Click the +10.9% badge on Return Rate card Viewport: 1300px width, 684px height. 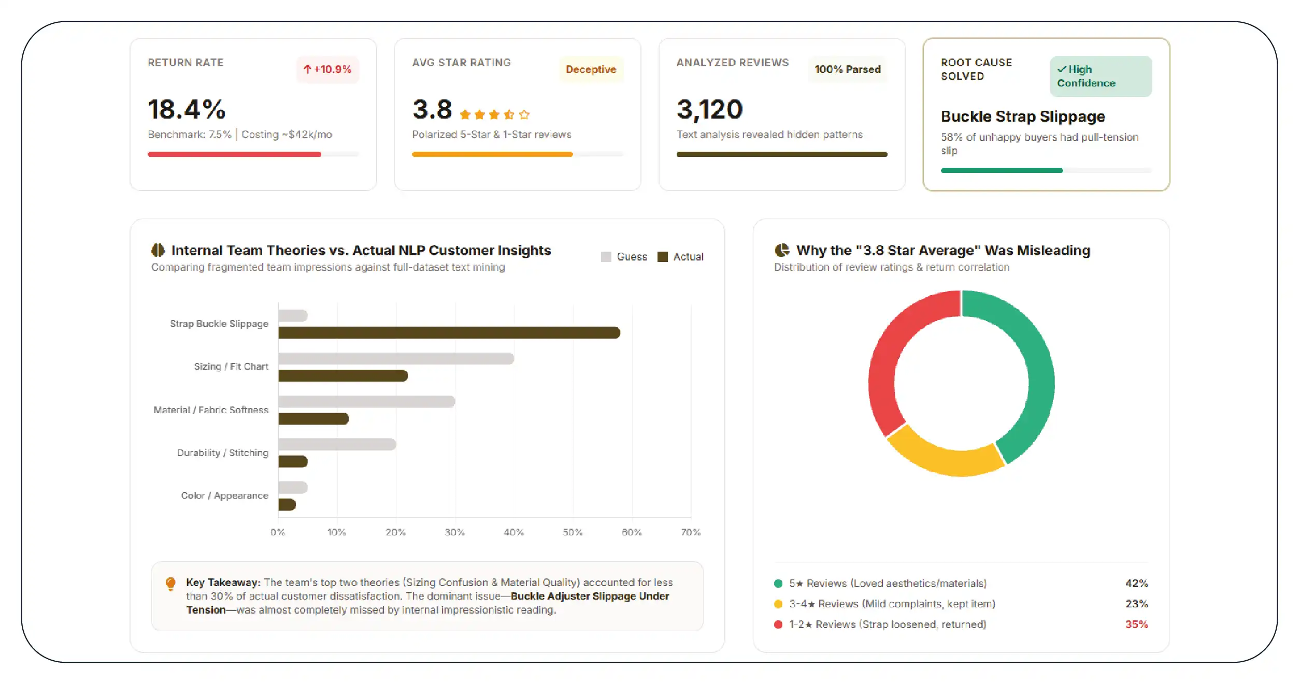(327, 69)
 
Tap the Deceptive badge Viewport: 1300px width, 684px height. (591, 69)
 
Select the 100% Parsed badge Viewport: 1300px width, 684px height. (847, 69)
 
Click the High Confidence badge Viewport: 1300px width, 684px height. (1101, 76)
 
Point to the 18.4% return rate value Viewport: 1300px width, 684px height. (187, 109)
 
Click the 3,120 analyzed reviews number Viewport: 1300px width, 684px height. (709, 109)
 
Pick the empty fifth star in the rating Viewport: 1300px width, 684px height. (524, 114)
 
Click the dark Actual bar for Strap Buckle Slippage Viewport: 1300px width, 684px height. (449, 332)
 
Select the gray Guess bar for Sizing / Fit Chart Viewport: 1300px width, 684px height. (396, 358)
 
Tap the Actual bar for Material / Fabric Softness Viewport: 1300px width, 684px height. (313, 418)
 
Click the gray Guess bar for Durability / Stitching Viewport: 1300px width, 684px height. (337, 444)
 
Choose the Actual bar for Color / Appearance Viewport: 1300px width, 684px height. (287, 504)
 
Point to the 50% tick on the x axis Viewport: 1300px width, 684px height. (573, 532)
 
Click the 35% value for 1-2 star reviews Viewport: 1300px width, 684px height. (1136, 624)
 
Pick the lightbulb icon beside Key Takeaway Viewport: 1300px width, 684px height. (170, 584)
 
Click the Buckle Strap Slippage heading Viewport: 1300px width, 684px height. (1023, 117)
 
